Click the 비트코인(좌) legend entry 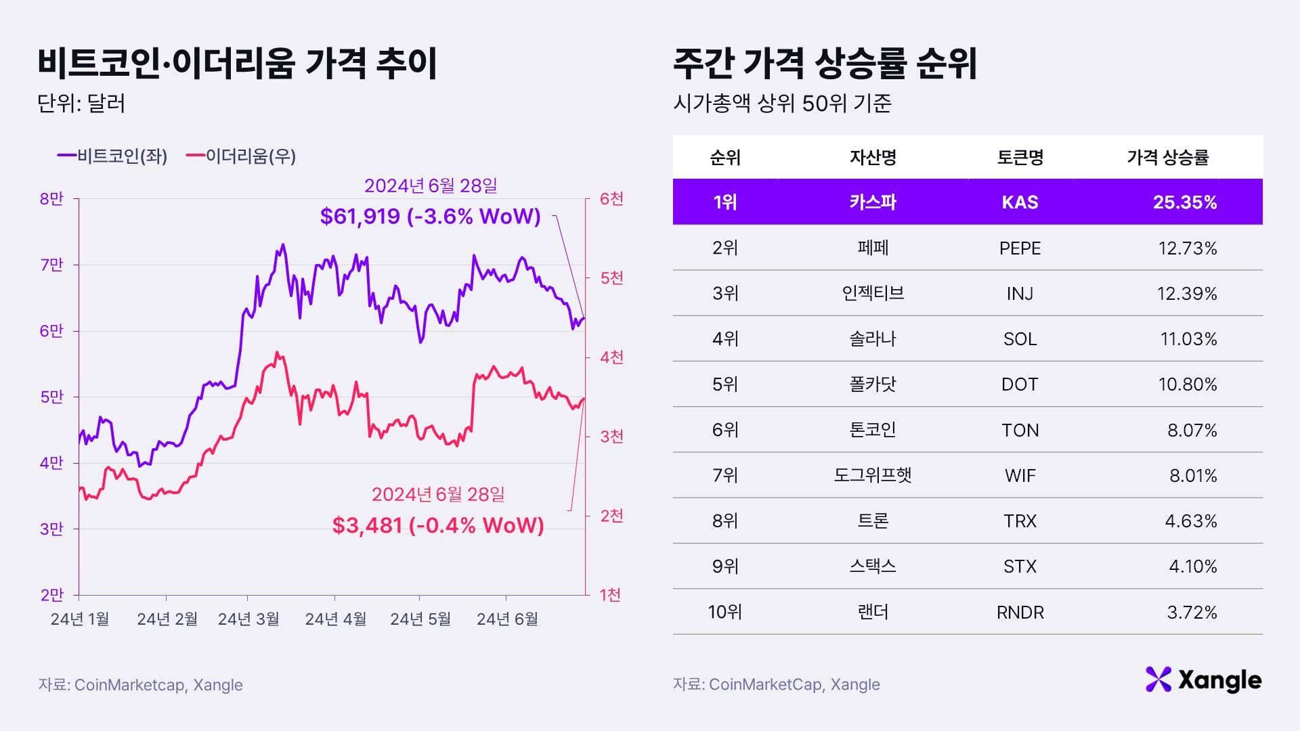tap(112, 156)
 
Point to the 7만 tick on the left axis tap(51, 265)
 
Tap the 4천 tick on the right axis tap(611, 357)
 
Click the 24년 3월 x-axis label tap(248, 619)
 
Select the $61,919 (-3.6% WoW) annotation tap(431, 216)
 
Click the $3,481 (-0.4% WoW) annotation tap(438, 525)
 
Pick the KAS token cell tap(1020, 202)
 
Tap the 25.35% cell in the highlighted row tap(1184, 202)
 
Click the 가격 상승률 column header tap(1167, 158)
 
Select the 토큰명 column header tap(1020, 158)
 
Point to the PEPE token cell tap(1020, 248)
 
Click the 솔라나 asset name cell tap(873, 339)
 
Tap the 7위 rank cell tap(725, 475)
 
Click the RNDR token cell tap(1020, 613)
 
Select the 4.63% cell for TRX tap(1190, 521)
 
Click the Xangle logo tap(1203, 680)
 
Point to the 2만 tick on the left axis tap(51, 595)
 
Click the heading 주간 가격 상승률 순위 tap(825, 64)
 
